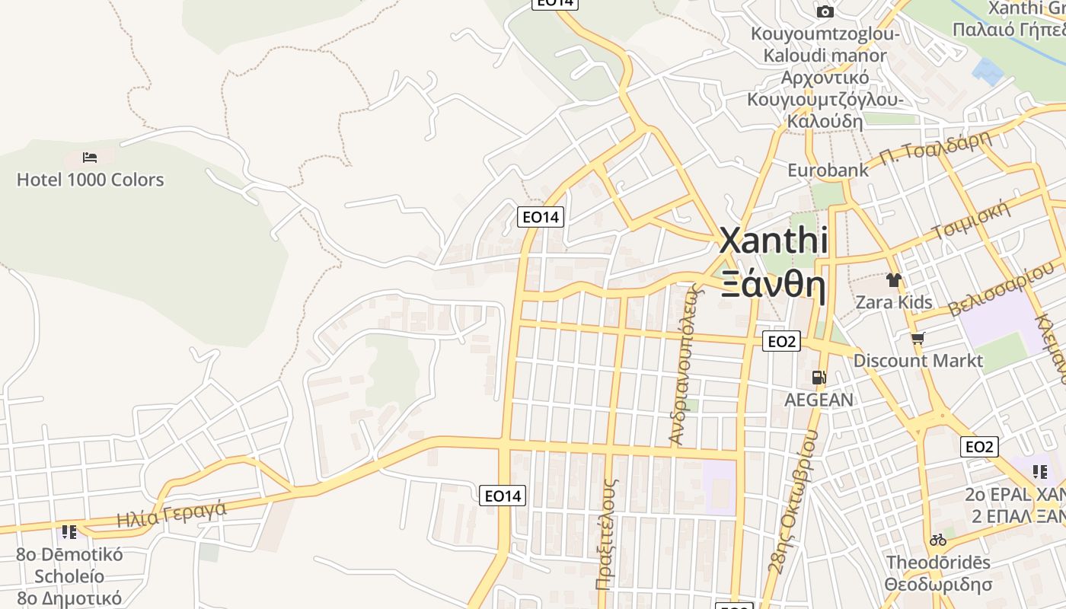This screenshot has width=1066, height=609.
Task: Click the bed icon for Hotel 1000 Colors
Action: coord(90,158)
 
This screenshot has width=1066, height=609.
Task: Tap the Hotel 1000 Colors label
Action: coord(90,180)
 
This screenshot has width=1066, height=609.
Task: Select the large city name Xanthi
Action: coord(773,241)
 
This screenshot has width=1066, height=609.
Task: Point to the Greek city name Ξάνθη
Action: coord(773,285)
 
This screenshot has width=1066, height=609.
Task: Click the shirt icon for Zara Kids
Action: coord(893,280)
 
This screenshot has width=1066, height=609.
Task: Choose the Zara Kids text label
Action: coord(893,302)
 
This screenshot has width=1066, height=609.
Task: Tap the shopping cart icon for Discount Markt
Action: coord(918,338)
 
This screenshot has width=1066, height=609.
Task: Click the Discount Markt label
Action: coord(918,360)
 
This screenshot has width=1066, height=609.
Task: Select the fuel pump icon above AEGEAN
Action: coord(819,377)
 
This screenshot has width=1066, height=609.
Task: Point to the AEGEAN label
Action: coord(819,400)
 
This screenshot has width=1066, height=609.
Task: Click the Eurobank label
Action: coord(828,170)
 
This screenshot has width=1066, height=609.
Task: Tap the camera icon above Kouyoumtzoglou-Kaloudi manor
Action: coord(825,11)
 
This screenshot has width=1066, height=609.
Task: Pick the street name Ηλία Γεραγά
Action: coord(171,514)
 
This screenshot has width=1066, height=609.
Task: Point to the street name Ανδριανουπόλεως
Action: coord(682,364)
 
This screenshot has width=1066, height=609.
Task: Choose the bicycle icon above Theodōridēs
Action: coord(937,540)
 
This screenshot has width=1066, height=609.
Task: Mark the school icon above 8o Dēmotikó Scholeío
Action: coord(69,531)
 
